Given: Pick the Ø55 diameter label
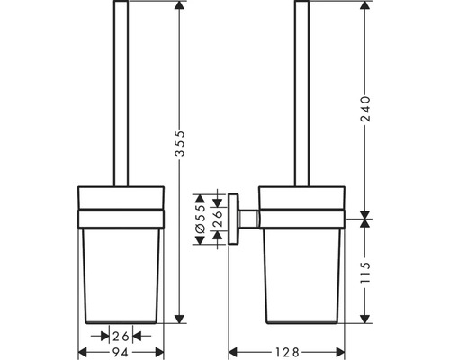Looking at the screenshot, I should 201,218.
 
